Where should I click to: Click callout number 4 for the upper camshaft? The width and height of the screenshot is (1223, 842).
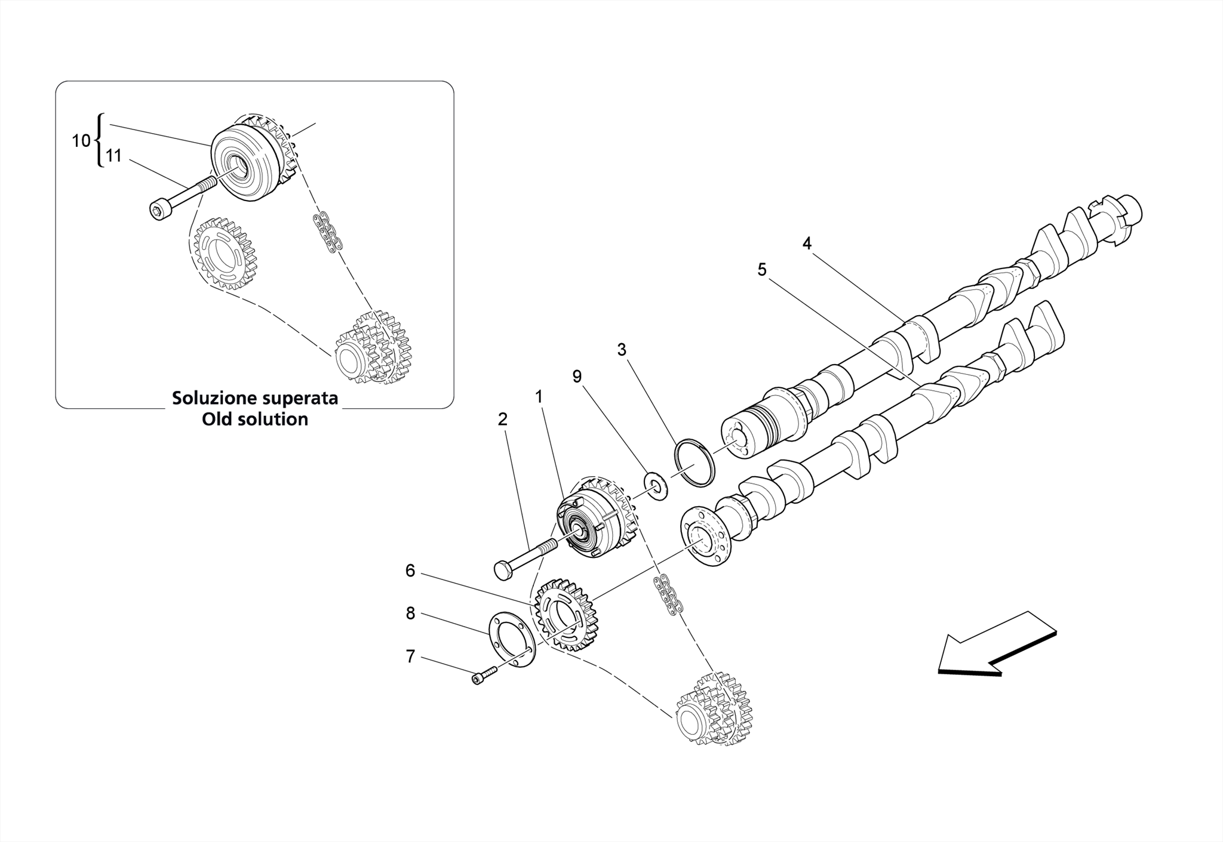(x=807, y=243)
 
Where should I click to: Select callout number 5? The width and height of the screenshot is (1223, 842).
(x=762, y=270)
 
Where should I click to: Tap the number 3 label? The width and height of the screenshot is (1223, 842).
(x=622, y=350)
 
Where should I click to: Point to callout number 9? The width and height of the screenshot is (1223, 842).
(x=577, y=377)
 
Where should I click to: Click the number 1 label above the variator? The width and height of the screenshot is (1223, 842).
(x=539, y=397)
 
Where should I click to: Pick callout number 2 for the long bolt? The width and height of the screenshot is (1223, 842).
(x=503, y=420)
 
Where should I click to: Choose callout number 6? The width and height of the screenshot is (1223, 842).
(x=410, y=571)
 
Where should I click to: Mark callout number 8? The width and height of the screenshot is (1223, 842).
(x=410, y=613)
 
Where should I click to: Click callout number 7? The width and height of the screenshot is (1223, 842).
(x=410, y=656)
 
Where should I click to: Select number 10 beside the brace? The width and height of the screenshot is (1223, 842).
(x=81, y=141)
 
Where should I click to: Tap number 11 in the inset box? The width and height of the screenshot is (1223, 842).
(x=113, y=156)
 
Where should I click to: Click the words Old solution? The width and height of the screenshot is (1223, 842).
(x=255, y=420)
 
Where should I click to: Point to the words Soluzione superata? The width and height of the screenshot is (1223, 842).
(x=255, y=398)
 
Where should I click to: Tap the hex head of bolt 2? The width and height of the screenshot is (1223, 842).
(x=503, y=570)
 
